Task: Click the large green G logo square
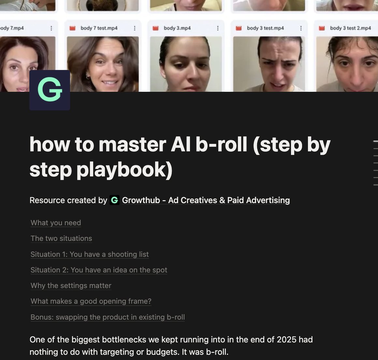[50, 90]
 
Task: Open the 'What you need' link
[56, 223]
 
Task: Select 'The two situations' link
[61, 238]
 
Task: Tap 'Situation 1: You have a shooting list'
[90, 254]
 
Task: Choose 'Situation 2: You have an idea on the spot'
[99, 270]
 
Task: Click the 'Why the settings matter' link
[71, 285]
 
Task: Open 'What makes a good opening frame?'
[91, 301]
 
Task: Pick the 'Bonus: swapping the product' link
[108, 317]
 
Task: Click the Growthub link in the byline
[206, 201]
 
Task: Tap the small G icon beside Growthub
[114, 200]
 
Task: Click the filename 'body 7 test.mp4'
[99, 28]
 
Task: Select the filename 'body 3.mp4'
[177, 28]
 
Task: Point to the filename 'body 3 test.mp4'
[266, 28]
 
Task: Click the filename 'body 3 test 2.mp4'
[351, 28]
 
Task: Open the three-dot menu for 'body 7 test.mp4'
[135, 28]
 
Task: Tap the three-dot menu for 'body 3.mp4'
[218, 28]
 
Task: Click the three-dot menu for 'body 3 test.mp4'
[301, 28]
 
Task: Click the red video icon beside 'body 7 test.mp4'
[72, 28]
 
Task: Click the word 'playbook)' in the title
[124, 170]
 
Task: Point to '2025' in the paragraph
[287, 339]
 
